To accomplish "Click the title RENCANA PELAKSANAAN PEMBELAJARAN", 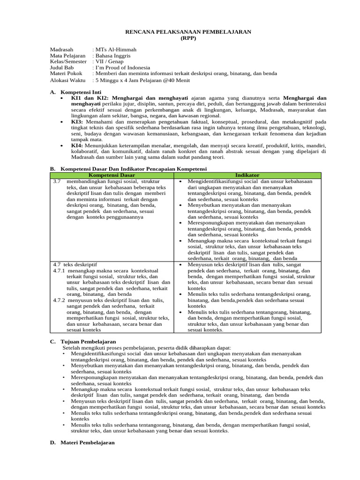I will (180, 31).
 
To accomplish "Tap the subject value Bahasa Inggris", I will (112, 55).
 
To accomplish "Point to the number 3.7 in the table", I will (57, 181).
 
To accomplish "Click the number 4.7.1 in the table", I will (59, 271).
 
